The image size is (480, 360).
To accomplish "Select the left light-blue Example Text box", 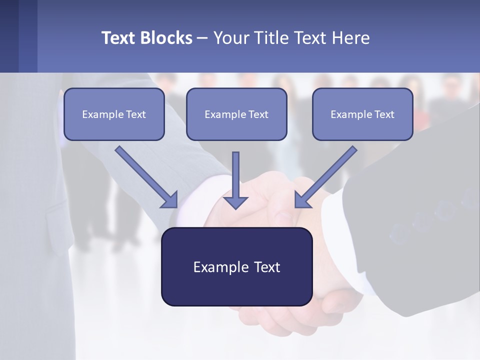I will [x=114, y=114].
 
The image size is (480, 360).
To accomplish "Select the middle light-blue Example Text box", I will [x=236, y=114].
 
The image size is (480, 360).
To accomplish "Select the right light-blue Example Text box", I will [x=362, y=114].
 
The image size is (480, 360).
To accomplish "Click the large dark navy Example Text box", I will [x=236, y=266].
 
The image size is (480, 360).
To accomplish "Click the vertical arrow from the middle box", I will [x=235, y=175].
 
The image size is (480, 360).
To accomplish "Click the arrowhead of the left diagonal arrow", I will [x=170, y=200].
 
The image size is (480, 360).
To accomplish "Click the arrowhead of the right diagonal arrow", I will [x=302, y=200].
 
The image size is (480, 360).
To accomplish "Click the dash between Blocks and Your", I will [x=202, y=38].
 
